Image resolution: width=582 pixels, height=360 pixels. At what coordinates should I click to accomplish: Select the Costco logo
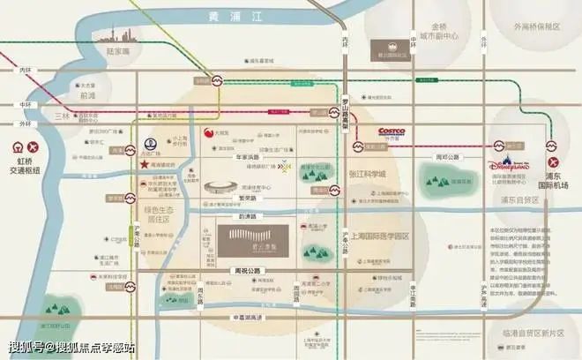[394, 131]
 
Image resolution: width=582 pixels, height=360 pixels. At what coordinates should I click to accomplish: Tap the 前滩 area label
[86, 96]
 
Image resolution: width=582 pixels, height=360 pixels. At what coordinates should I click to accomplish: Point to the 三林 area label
[61, 116]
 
